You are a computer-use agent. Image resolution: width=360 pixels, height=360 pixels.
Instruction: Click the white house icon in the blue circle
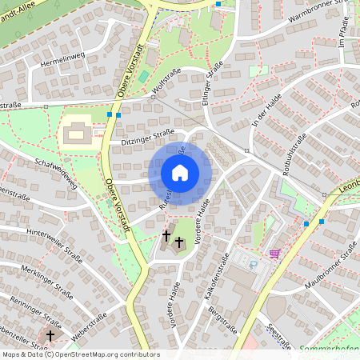[x=180, y=172]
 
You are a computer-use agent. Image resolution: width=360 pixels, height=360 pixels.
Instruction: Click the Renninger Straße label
[x=35, y=310]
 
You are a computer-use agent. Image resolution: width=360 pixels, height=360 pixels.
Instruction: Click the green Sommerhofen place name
[x=328, y=349]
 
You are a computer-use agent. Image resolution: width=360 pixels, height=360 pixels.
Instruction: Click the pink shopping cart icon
[x=274, y=254]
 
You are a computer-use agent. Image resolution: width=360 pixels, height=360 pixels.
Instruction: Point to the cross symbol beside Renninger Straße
[x=51, y=336]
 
